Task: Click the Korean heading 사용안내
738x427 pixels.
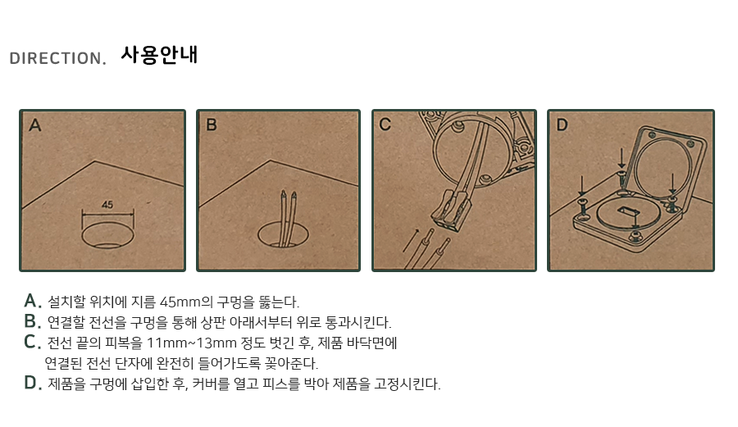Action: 159,55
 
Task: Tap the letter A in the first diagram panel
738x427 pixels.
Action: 34,125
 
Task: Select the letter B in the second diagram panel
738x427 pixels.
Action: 212,125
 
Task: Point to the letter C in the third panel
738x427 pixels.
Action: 385,124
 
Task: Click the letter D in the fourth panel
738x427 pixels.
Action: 562,125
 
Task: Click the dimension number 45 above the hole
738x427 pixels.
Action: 107,205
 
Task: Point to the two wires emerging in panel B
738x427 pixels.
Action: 289,218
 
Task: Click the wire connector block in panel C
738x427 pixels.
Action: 451,209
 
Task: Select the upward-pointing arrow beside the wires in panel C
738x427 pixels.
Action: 411,240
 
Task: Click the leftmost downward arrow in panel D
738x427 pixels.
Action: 582,186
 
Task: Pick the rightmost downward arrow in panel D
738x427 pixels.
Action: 672,184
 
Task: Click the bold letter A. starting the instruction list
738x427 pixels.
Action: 33,301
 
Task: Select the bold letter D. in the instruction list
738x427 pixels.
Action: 33,383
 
